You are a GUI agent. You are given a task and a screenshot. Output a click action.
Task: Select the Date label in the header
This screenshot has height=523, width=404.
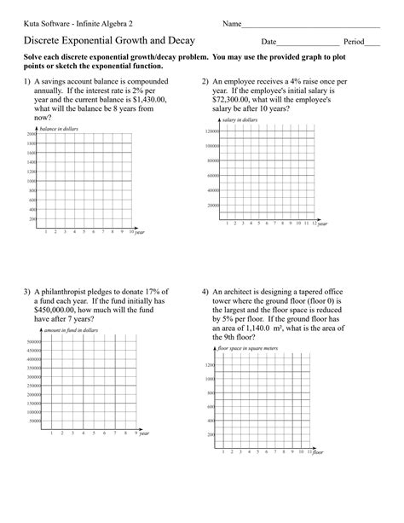[268, 42]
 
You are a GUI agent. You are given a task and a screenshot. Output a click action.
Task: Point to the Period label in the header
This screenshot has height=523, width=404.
[354, 42]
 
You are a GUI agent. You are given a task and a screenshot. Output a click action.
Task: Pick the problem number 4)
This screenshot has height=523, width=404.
[206, 292]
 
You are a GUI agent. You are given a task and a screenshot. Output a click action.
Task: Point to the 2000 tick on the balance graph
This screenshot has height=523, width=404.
[31, 135]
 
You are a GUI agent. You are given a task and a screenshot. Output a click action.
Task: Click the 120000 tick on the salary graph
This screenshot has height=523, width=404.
[211, 131]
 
